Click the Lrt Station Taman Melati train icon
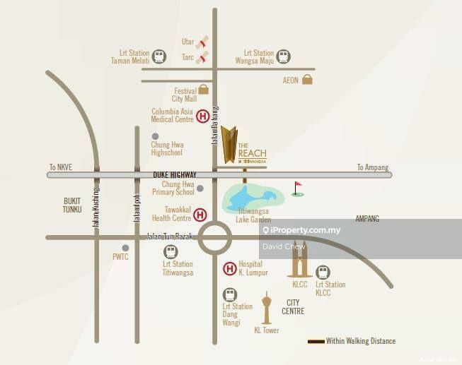pos(160,56)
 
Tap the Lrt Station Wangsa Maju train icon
pos(283,56)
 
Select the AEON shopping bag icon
pos(307,80)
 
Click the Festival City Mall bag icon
pos(204,90)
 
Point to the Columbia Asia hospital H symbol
pos(203,116)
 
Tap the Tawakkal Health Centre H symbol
pos(200,214)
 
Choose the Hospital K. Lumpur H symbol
pos(230,268)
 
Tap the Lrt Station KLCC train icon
pos(323,272)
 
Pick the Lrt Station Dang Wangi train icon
pos(229,294)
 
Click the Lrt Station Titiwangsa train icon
pos(171,252)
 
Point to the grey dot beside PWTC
pos(125,248)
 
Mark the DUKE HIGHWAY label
pos(174,174)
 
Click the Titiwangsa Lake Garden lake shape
pos(247,198)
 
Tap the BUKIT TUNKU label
pos(72,205)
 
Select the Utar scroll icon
pos(204,42)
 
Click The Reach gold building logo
pos(229,144)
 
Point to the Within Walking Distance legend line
pos(316,342)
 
